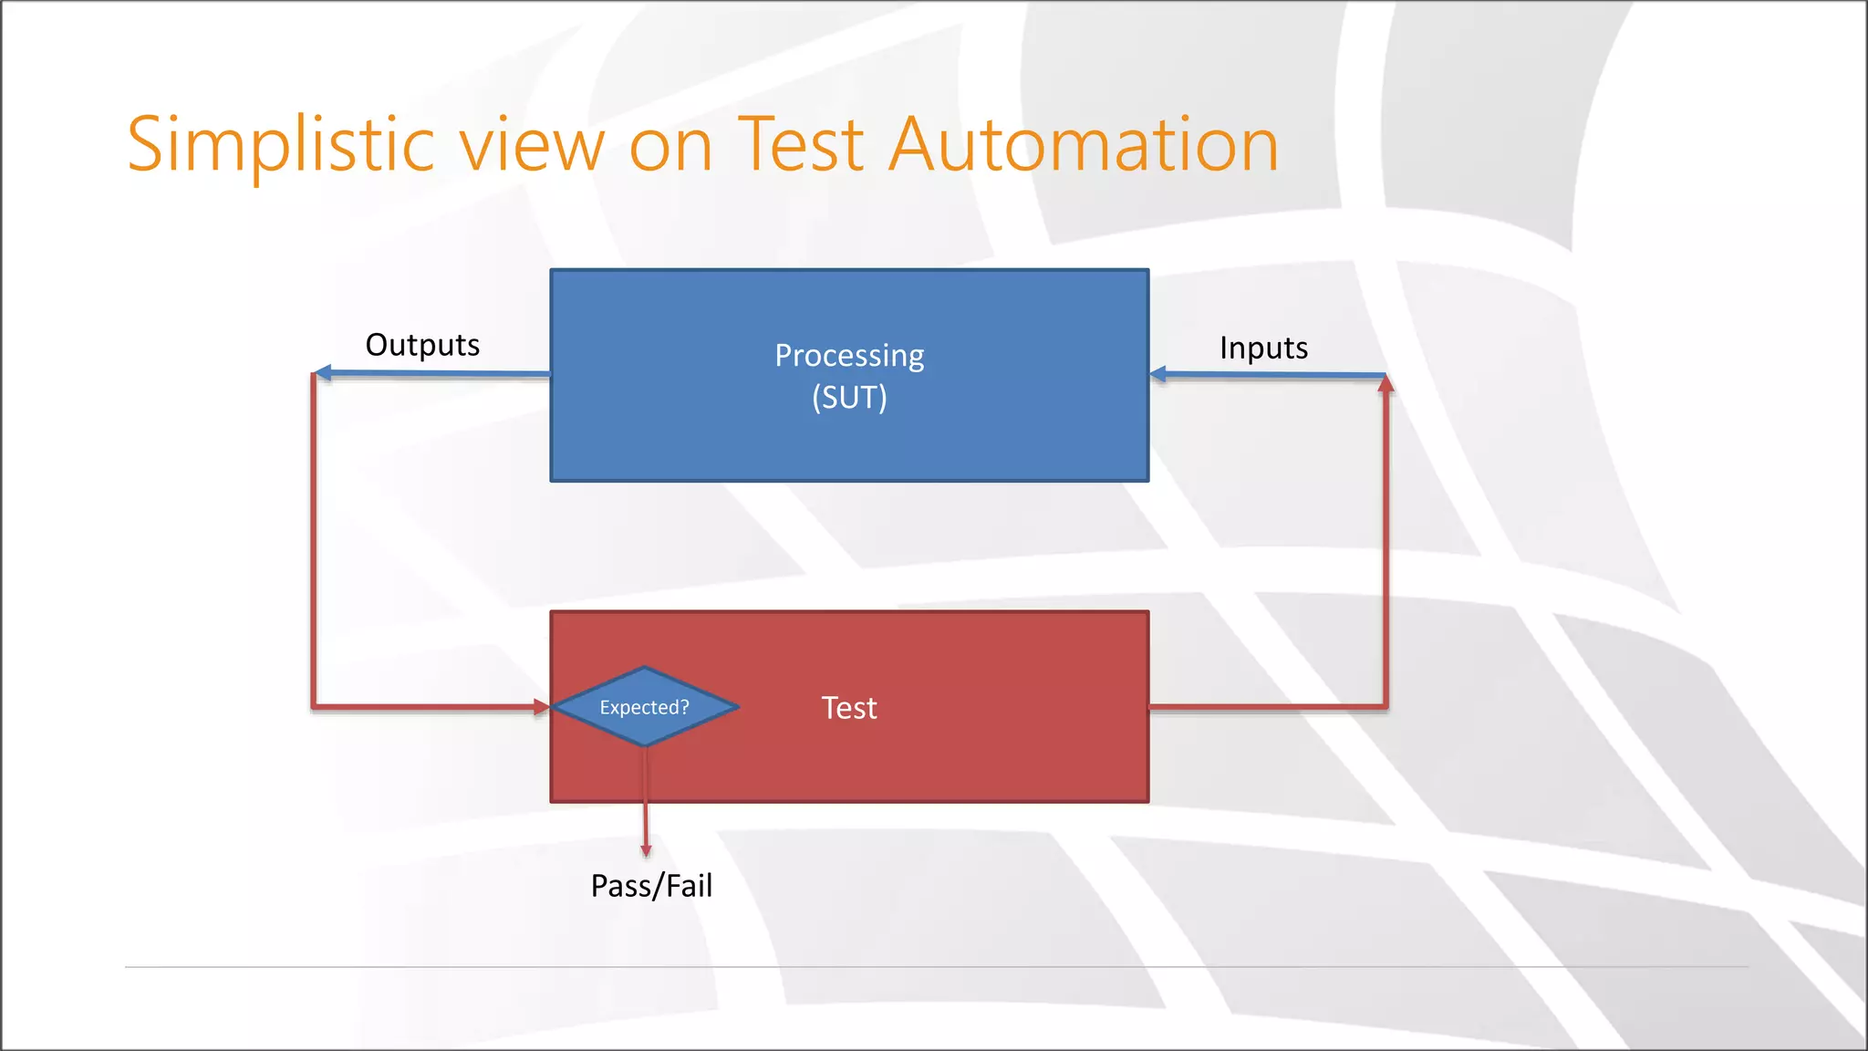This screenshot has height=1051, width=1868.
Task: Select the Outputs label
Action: (x=422, y=346)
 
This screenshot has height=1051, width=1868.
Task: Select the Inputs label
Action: (x=1263, y=349)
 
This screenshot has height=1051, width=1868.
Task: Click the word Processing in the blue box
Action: (x=849, y=356)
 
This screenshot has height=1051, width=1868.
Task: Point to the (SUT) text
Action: (x=849, y=398)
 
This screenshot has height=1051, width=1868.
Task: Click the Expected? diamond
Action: (x=645, y=707)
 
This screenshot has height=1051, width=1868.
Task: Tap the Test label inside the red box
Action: (x=849, y=708)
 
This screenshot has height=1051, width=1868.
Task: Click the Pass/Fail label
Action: (x=651, y=886)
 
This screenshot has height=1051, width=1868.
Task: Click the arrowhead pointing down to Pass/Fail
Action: (x=646, y=850)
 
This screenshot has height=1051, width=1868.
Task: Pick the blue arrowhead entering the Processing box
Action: (x=1158, y=374)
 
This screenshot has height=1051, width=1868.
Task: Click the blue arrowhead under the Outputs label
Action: (x=322, y=373)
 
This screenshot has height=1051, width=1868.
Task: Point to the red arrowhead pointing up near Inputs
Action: (x=1385, y=385)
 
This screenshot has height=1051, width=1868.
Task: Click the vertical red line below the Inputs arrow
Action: (x=1385, y=547)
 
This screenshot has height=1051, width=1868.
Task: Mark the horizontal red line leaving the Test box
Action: (x=1268, y=706)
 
